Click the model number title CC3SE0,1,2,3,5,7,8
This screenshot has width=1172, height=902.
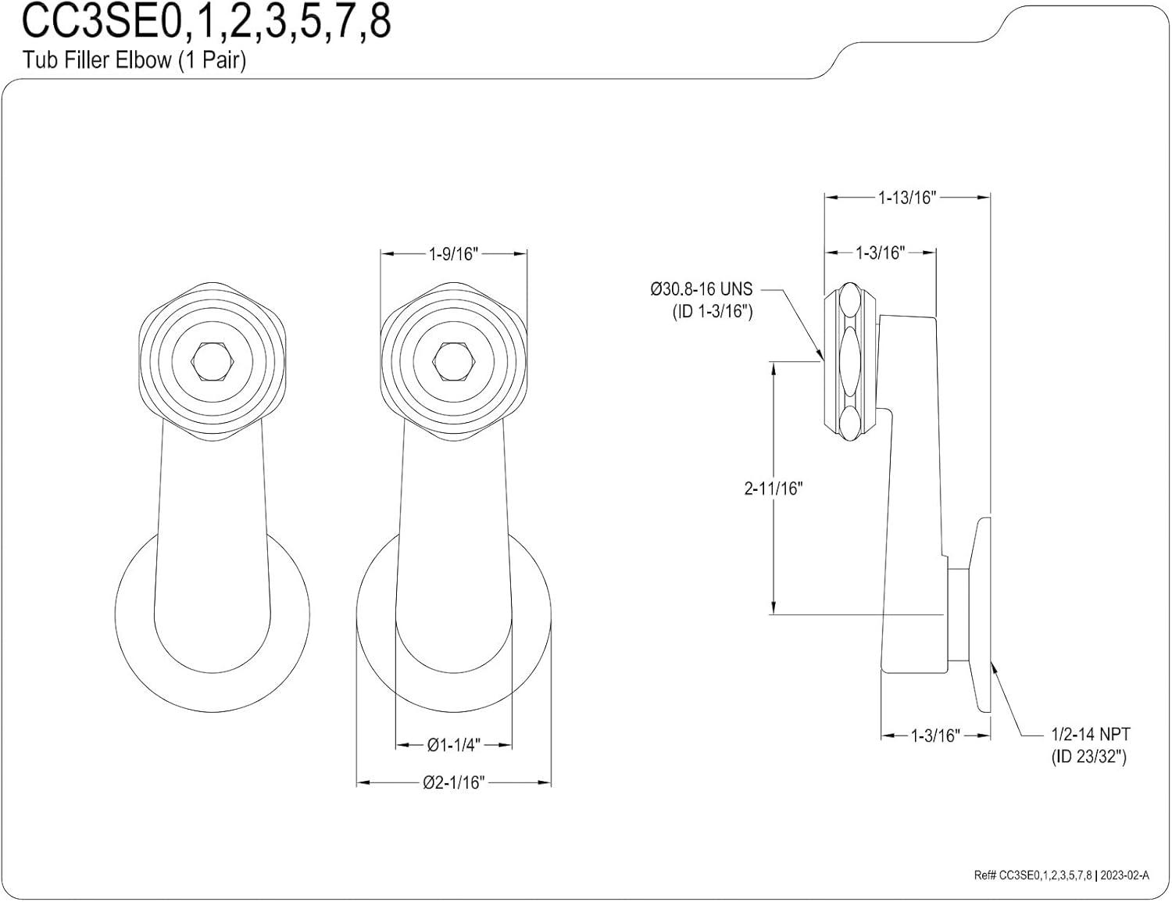point(206,23)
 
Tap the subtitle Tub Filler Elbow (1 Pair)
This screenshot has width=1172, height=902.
point(134,60)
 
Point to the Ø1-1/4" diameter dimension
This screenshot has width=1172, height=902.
point(453,745)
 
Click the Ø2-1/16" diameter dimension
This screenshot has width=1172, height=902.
point(453,782)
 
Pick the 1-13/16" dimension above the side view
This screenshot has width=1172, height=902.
point(906,197)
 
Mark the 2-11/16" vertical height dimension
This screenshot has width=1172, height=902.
point(773,489)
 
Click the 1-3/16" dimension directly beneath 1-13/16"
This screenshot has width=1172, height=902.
point(880,252)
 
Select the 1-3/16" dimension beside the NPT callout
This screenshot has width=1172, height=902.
point(934,736)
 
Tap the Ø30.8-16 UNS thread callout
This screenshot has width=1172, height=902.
point(701,289)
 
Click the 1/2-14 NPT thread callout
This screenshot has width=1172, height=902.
point(1090,735)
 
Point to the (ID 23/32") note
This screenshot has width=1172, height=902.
point(1088,757)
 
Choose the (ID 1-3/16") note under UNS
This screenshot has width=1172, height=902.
point(712,311)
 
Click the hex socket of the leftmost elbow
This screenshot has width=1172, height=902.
point(212,360)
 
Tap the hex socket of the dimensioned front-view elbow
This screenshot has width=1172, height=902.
point(452,360)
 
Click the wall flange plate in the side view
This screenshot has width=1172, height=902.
point(981,614)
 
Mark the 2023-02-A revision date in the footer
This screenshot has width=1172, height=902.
point(1124,875)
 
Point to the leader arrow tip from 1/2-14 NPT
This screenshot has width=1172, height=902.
point(992,664)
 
